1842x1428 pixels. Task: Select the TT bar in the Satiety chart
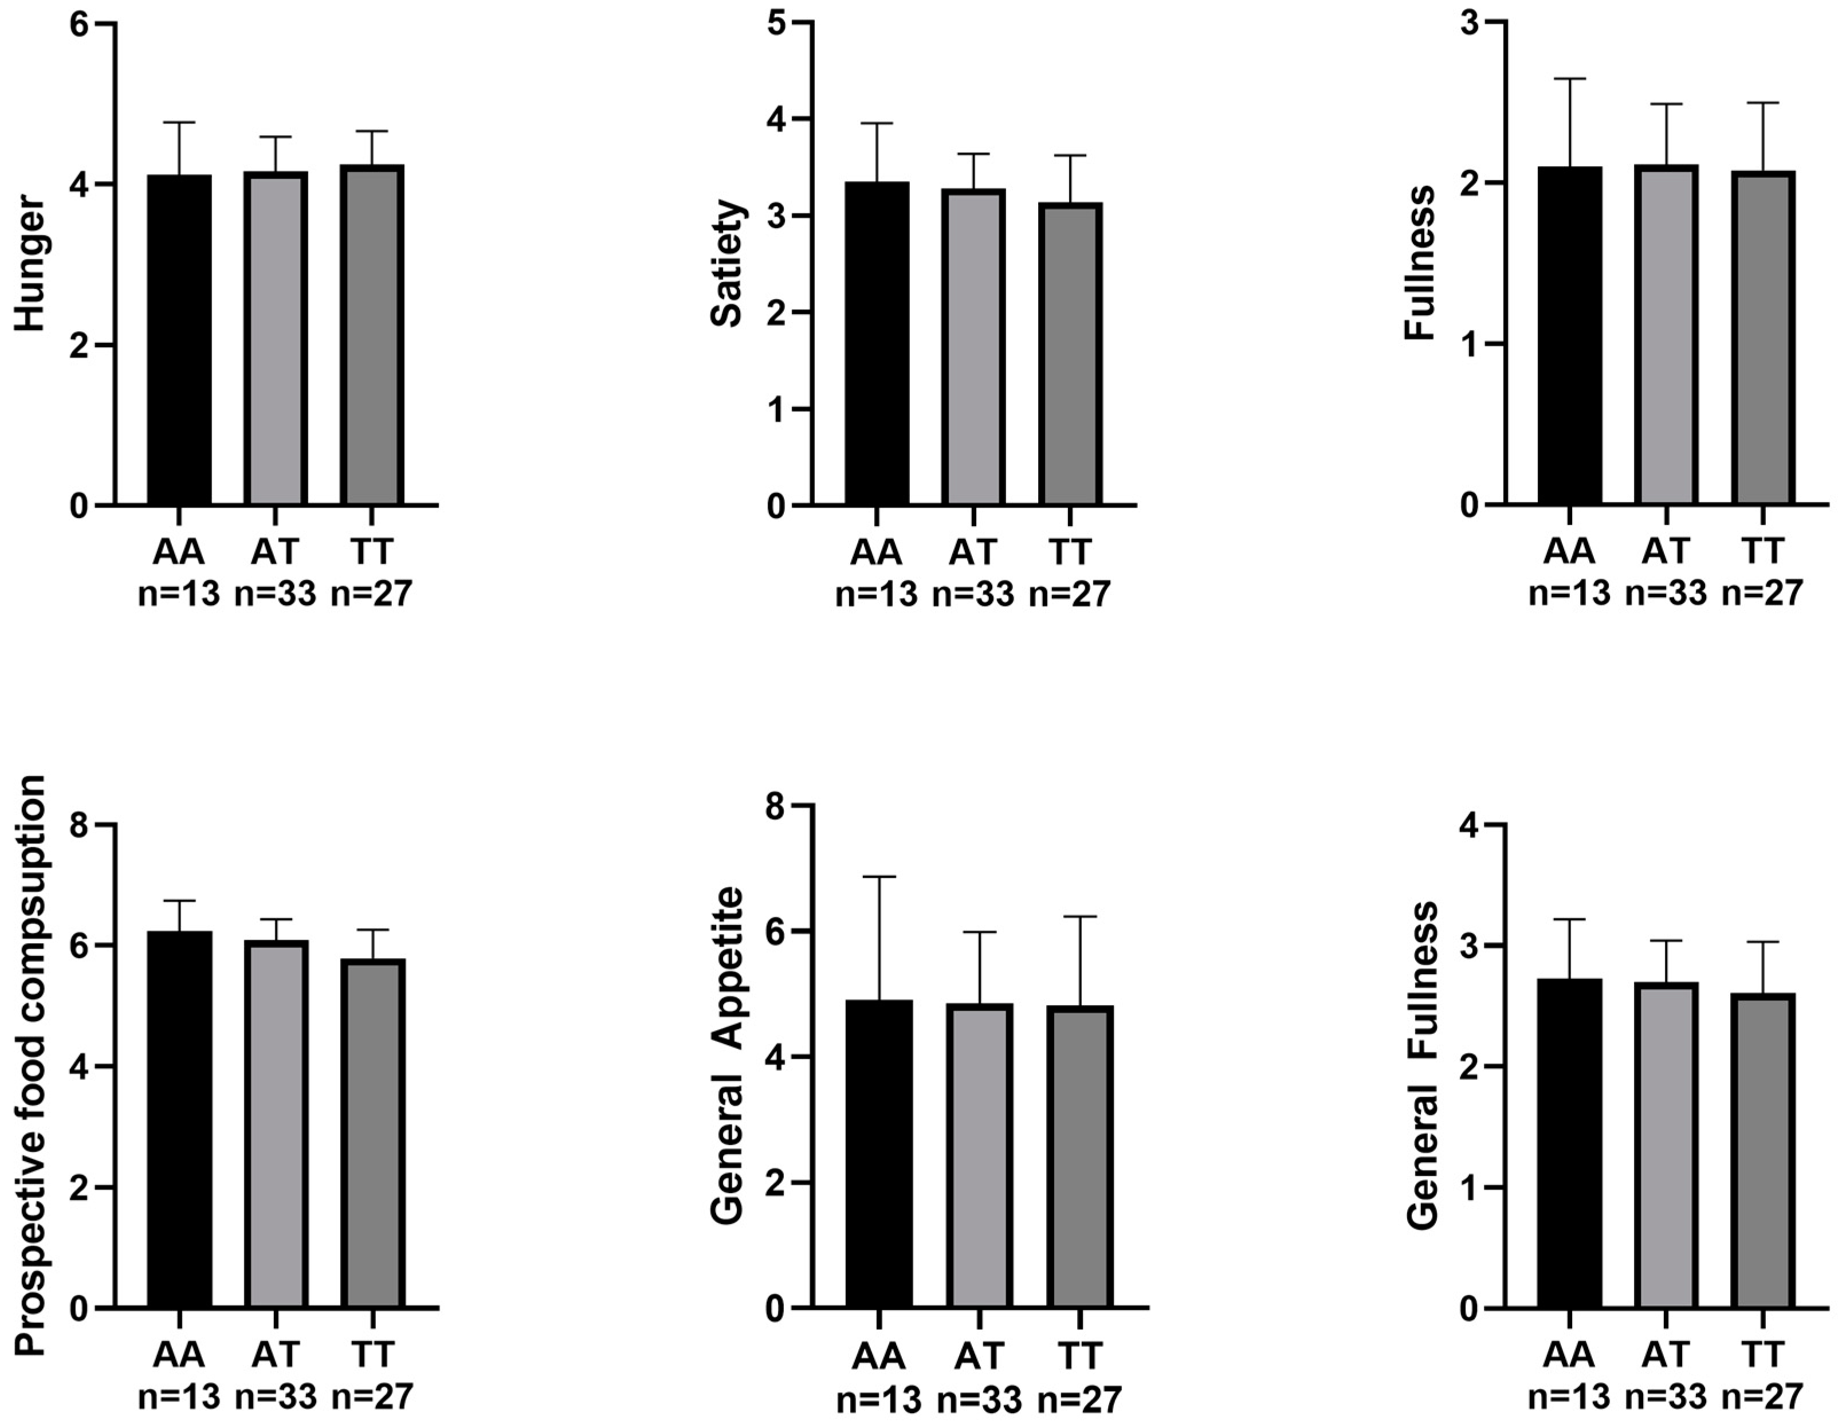click(1070, 354)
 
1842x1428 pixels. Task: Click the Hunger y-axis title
click(30, 263)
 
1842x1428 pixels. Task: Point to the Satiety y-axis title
click(727, 263)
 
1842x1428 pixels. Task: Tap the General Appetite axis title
click(727, 1054)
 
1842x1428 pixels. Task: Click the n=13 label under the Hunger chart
click(178, 594)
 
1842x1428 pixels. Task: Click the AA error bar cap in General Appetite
click(879, 877)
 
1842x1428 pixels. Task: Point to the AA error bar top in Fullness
click(1570, 79)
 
